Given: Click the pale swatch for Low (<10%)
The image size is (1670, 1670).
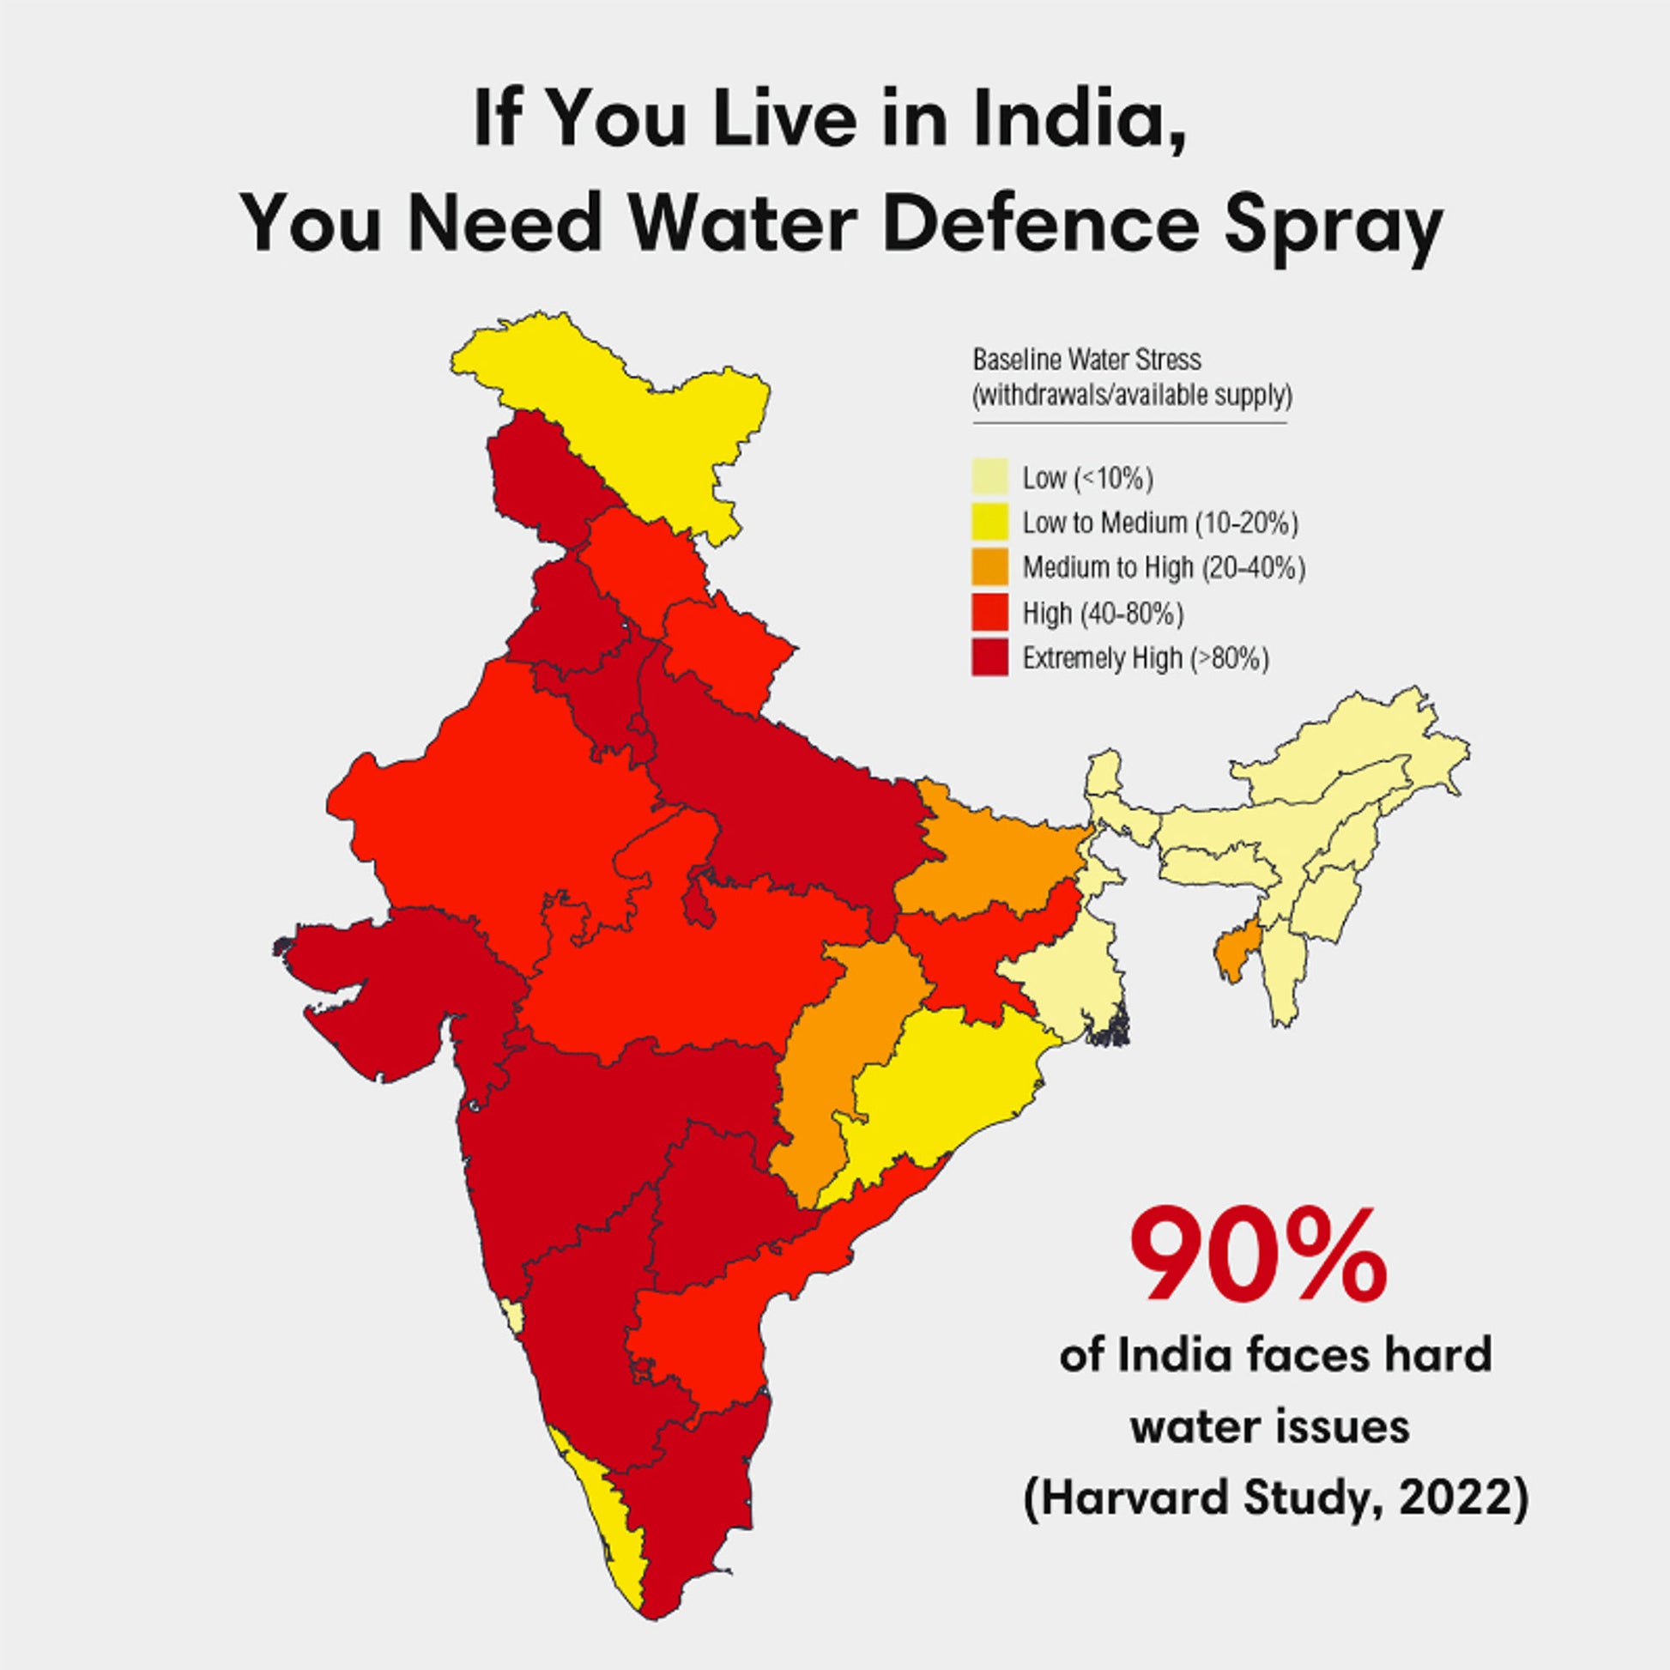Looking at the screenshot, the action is pyautogui.click(x=989, y=477).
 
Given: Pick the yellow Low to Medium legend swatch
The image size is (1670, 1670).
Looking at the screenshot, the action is pyautogui.click(x=989, y=522).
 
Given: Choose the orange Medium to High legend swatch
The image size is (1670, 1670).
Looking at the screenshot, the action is pyautogui.click(x=989, y=567).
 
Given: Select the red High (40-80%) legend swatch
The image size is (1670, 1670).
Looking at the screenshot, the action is pyautogui.click(x=989, y=613).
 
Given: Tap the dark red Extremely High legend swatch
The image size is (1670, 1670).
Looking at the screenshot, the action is pyautogui.click(x=989, y=658).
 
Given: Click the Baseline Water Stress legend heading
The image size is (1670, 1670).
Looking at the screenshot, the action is pyautogui.click(x=1086, y=359).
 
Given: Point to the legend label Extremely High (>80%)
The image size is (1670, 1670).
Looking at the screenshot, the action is pyautogui.click(x=1146, y=659).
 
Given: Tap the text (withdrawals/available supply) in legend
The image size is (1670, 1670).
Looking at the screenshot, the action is pyautogui.click(x=1132, y=396).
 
